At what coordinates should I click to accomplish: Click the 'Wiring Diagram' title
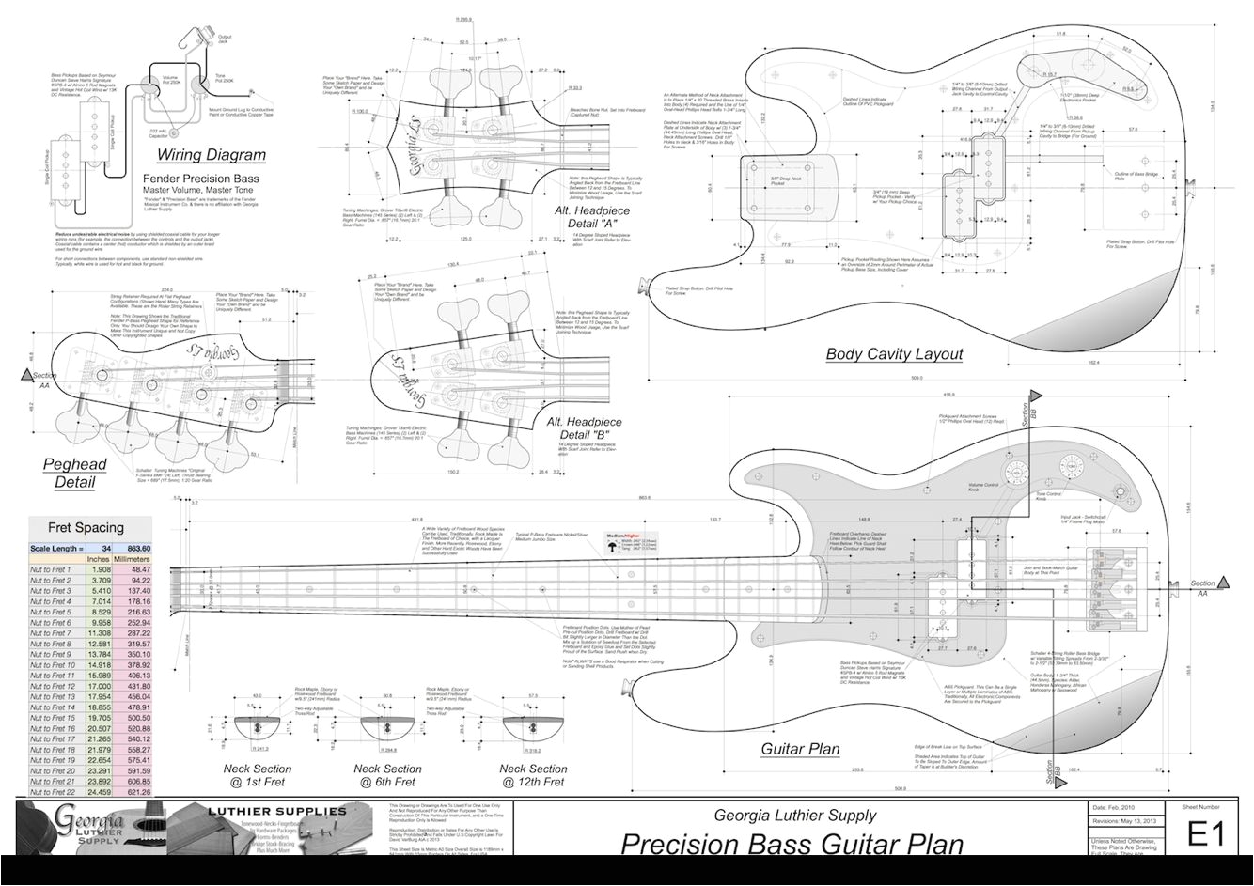(x=211, y=155)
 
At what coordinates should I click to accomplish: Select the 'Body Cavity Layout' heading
(x=894, y=354)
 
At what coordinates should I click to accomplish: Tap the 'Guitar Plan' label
(x=800, y=749)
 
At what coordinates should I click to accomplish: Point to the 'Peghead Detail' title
(x=74, y=474)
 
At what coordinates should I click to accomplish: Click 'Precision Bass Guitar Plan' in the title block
(x=792, y=844)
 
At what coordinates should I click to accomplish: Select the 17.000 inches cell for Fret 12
(x=99, y=687)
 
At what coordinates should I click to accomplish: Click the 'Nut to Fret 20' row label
(x=52, y=770)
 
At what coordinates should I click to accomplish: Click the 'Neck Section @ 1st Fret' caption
(x=257, y=775)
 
